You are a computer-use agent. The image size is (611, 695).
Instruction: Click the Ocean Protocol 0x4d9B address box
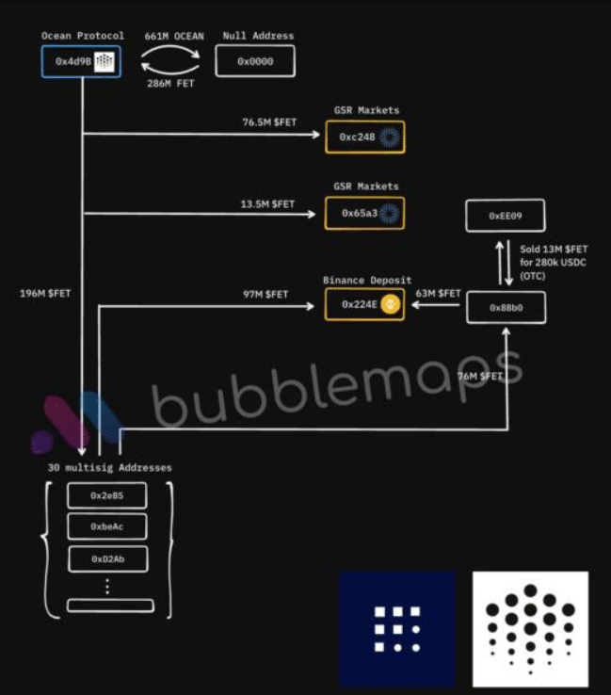pos(81,61)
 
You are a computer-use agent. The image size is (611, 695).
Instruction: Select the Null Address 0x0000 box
pos(255,61)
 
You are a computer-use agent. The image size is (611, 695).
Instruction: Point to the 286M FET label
pos(170,85)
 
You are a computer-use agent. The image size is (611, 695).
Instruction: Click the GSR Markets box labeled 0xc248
pos(364,137)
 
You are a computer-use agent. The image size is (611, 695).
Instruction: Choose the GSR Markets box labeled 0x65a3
pos(364,214)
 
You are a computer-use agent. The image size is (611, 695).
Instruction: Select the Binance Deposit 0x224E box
pos(364,304)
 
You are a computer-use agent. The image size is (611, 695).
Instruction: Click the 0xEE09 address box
pos(506,216)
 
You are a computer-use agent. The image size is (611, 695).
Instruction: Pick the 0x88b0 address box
pos(506,307)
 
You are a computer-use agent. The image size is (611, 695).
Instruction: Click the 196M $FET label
pos(45,293)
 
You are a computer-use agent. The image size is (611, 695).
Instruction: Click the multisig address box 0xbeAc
pos(107,527)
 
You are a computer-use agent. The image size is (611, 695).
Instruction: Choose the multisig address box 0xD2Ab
pos(107,558)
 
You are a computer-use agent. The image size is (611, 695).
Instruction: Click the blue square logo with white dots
pos(396,628)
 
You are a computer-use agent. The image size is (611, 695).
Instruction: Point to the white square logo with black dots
pos(530,628)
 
